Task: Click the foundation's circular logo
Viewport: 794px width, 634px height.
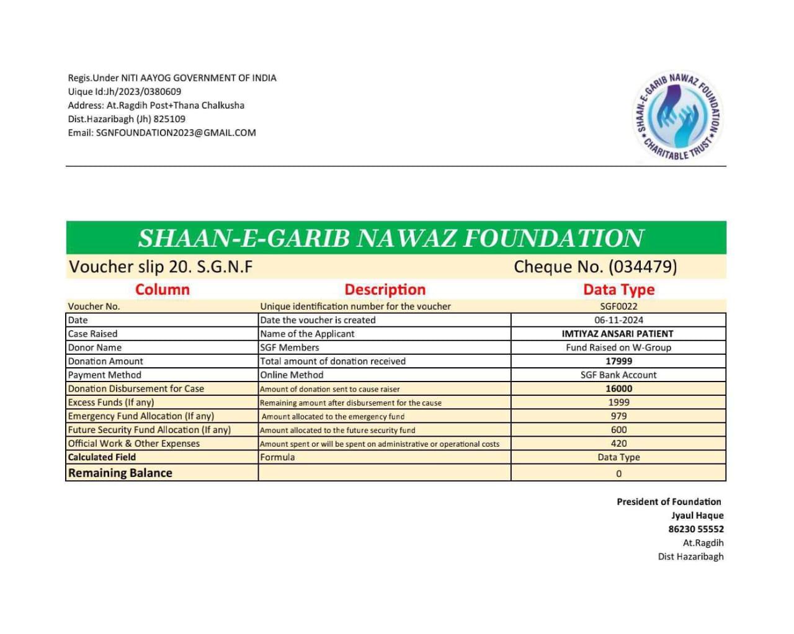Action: click(678, 116)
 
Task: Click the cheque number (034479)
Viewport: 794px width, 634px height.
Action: click(643, 267)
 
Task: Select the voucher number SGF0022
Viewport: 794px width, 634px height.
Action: click(618, 306)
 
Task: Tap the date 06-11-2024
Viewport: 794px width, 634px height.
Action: click(618, 320)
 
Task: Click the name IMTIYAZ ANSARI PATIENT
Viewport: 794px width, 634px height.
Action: click(617, 334)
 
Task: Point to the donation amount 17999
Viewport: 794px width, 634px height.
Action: click(618, 361)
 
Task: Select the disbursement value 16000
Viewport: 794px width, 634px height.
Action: click(618, 388)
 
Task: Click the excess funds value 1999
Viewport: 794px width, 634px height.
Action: click(618, 402)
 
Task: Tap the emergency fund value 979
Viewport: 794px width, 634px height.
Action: click(618, 416)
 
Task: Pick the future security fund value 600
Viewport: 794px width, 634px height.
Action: click(618, 429)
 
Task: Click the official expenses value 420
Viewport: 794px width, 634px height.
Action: click(618, 444)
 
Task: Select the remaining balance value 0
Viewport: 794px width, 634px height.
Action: click(618, 473)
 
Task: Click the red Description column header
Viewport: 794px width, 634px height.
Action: click(385, 290)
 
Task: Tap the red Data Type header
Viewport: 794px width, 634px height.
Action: click(618, 290)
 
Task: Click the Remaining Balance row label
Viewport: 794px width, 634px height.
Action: click(120, 473)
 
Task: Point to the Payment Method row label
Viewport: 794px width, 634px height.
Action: click(104, 375)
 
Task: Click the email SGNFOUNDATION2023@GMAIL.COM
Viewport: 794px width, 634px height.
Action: click(176, 133)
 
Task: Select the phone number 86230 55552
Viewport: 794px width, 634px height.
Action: click(695, 529)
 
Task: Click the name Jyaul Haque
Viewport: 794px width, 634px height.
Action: click(697, 516)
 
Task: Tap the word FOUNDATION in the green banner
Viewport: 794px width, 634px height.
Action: click(554, 238)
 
